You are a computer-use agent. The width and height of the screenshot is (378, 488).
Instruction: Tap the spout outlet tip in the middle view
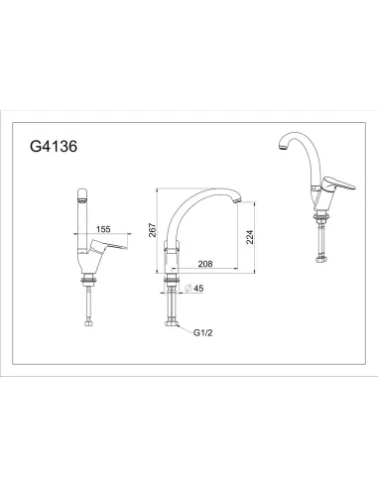click(236, 202)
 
